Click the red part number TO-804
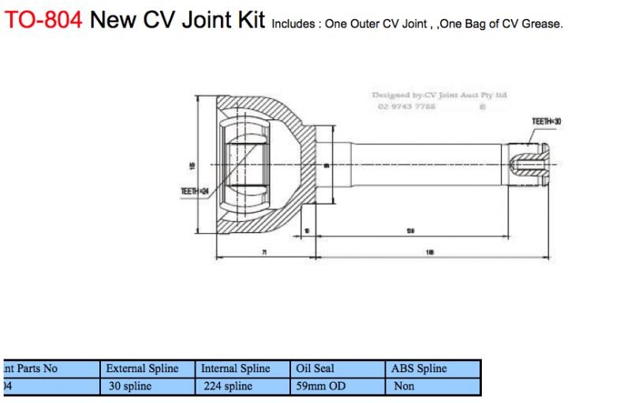(43, 20)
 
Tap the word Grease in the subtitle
(540, 24)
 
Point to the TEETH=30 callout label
(547, 122)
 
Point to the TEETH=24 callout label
(194, 190)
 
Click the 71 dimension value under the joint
(264, 252)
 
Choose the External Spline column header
(142, 368)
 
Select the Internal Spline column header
(235, 368)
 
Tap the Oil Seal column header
(315, 368)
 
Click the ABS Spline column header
(419, 368)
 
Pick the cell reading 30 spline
(130, 386)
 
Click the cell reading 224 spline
(227, 386)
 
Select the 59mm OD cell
(320, 386)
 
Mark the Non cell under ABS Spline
(403, 386)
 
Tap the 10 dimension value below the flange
(307, 232)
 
